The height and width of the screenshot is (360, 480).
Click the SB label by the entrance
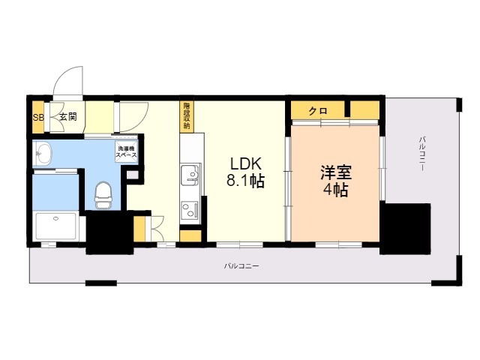(38, 117)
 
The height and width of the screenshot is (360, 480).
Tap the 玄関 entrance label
(67, 117)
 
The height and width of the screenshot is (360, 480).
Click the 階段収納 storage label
(186, 115)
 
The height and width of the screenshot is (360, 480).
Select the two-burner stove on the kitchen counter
(191, 210)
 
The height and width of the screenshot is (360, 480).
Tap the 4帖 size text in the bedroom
(334, 190)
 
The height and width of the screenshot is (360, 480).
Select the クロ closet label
(318, 110)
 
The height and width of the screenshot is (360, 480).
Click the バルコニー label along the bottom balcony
(241, 266)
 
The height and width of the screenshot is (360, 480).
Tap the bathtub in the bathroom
(56, 225)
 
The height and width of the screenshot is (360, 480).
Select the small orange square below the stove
(190, 236)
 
